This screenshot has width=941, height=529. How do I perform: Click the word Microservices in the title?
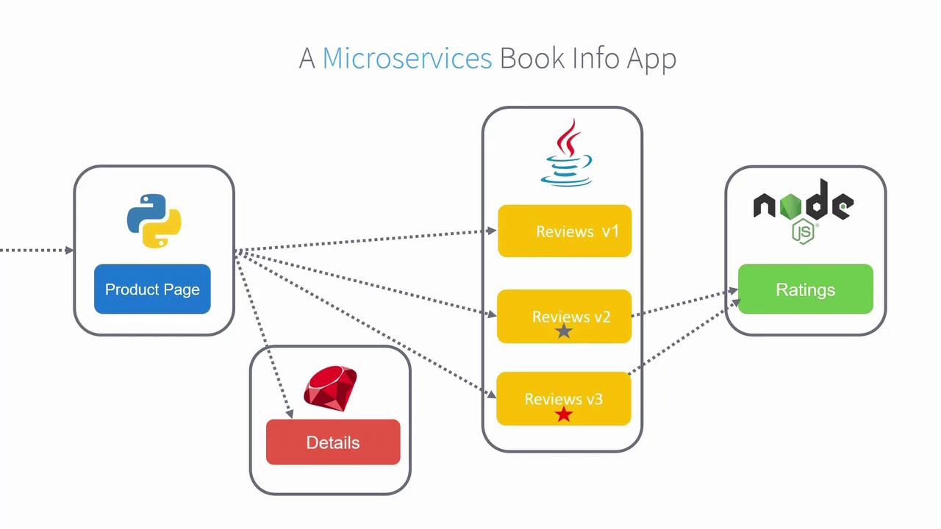coord(407,58)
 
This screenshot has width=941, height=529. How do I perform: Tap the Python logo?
coord(154,220)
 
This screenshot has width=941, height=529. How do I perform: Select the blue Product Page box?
coord(152,289)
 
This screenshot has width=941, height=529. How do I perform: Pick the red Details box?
coord(333,442)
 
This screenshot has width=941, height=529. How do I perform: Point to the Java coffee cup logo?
coord(565,154)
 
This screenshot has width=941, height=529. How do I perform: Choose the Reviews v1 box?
coord(565,231)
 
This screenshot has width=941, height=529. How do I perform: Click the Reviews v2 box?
coord(565,317)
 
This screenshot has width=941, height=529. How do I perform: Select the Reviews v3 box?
coord(564,399)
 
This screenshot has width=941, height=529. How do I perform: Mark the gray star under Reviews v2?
coord(564,331)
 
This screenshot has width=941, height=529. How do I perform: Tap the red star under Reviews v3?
coord(564,415)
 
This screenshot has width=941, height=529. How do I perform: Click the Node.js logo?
coord(804,206)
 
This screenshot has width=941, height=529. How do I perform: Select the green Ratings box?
coord(805,289)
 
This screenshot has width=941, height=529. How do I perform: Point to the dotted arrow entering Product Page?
coord(37,251)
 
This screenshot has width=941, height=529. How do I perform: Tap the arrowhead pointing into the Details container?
coord(289,414)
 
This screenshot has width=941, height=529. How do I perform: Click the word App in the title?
coord(651,58)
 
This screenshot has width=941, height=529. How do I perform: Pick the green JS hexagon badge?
coord(804,232)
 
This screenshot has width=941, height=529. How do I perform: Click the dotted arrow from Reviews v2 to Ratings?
coord(684,304)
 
